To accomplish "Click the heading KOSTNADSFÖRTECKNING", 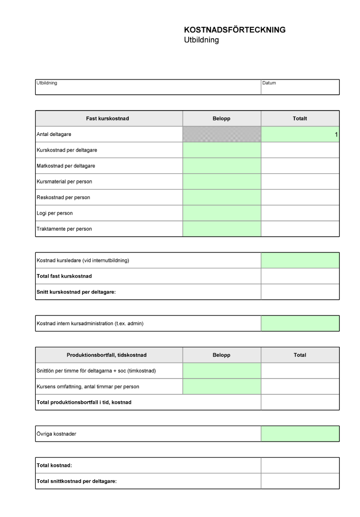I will click(234, 30).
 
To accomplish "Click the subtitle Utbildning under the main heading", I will click(201, 40).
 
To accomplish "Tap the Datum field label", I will click(269, 83).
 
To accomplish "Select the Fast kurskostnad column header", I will click(108, 118).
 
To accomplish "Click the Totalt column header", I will click(300, 118).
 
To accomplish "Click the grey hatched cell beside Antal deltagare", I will click(222, 134).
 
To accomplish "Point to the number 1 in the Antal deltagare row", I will click(336, 134).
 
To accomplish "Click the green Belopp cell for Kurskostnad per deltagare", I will click(222, 150).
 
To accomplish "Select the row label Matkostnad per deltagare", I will click(66, 166).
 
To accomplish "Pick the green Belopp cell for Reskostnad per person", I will click(222, 197).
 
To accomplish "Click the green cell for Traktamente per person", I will click(222, 229).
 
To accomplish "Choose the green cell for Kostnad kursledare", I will click(300, 260).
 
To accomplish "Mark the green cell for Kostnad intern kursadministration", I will click(300, 323).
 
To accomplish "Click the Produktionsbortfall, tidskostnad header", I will click(107, 355).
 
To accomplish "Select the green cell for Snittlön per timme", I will click(222, 371).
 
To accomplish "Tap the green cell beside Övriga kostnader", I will click(300, 434).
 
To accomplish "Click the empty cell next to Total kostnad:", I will click(300, 465).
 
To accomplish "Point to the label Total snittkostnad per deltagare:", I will click(77, 481).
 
